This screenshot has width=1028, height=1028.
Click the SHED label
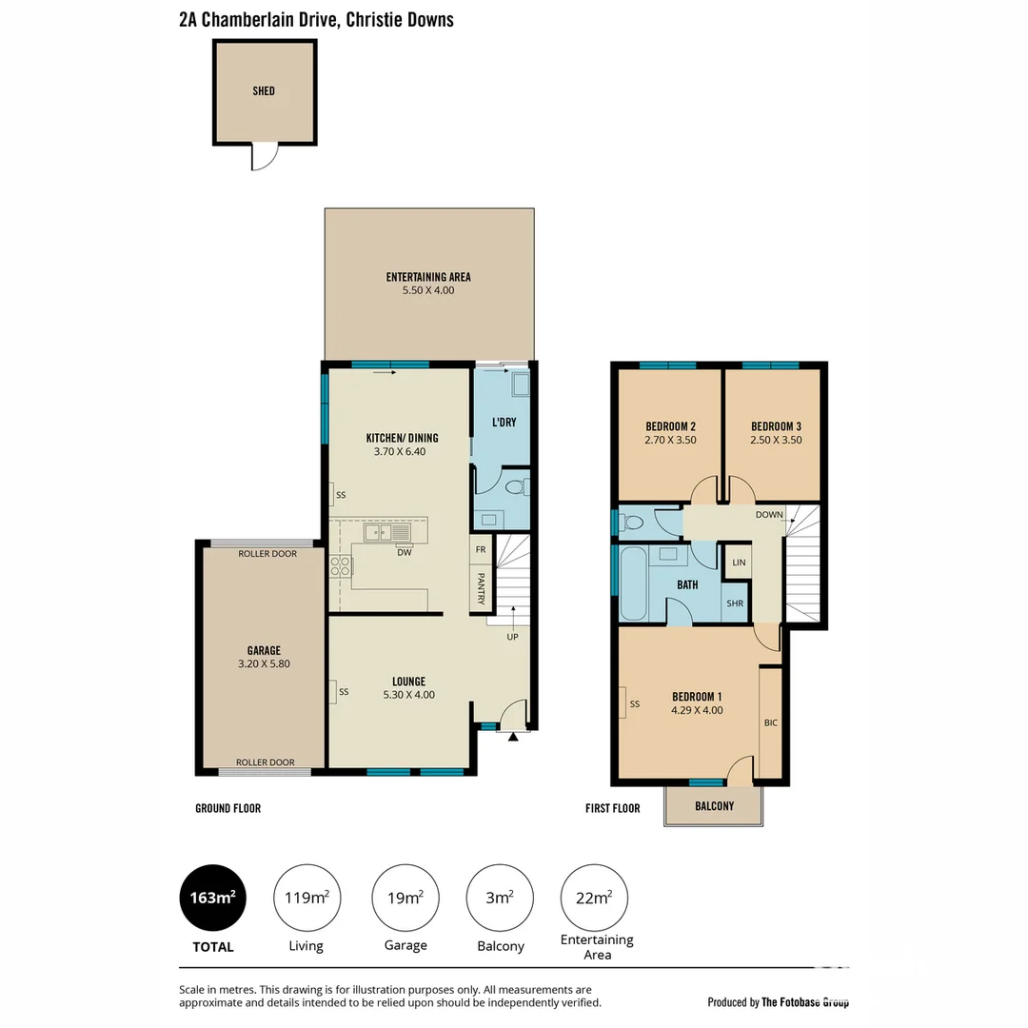pyautogui.click(x=264, y=91)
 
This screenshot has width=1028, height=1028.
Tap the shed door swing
pyautogui.click(x=264, y=157)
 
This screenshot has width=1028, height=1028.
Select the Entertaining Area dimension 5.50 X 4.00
pyautogui.click(x=428, y=290)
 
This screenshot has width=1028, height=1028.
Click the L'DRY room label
pyautogui.click(x=504, y=422)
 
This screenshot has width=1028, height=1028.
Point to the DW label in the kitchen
pyautogui.click(x=404, y=552)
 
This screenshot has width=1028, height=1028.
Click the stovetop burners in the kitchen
pyautogui.click(x=341, y=566)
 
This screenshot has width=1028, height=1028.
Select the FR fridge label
pyautogui.click(x=481, y=550)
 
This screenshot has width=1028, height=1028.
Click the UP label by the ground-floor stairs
pyautogui.click(x=512, y=636)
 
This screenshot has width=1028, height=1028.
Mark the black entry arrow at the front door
pyautogui.click(x=513, y=736)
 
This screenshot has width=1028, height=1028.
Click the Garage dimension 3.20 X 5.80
pyautogui.click(x=266, y=664)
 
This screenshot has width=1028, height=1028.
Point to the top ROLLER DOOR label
pyautogui.click(x=267, y=554)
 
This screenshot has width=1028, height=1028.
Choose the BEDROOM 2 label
pyautogui.click(x=670, y=425)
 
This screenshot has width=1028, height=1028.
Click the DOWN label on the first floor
pyautogui.click(x=769, y=515)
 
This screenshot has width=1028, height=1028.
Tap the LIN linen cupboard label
pyautogui.click(x=739, y=563)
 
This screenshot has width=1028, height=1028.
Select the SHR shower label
pyautogui.click(x=735, y=603)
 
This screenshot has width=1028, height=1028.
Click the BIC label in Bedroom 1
pyautogui.click(x=771, y=722)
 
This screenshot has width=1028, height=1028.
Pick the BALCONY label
pyautogui.click(x=714, y=806)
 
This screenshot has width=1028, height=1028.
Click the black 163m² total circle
pyautogui.click(x=213, y=898)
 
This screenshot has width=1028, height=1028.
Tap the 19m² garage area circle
pyautogui.click(x=405, y=898)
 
